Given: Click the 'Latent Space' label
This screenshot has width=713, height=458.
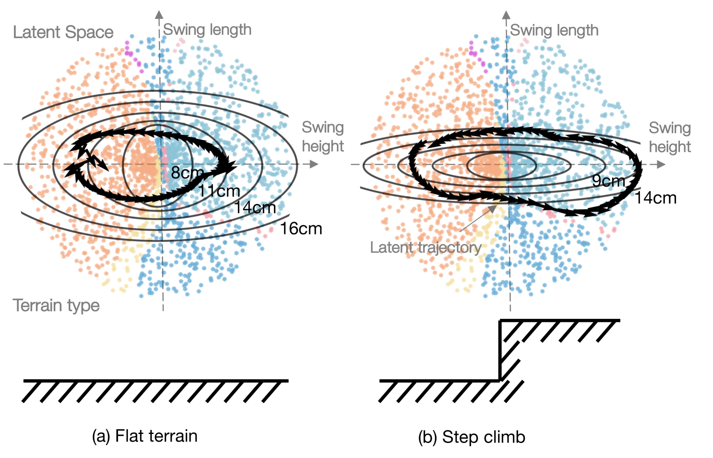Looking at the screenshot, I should [63, 32].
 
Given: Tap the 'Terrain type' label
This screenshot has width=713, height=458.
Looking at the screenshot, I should [56, 305].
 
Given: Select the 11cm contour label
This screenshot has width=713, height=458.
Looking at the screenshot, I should [219, 191].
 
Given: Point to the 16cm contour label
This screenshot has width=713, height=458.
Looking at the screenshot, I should [301, 228].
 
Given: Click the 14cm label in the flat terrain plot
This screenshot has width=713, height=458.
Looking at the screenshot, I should [255, 208].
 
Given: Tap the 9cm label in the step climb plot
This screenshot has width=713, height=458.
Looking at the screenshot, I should [608, 181].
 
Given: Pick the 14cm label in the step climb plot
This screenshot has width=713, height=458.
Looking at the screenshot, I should [655, 198].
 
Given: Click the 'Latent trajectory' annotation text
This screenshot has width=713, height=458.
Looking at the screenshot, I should [425, 247].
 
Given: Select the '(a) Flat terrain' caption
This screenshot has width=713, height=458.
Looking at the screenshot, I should [145, 436].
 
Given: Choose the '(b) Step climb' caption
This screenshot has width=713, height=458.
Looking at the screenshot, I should [471, 437].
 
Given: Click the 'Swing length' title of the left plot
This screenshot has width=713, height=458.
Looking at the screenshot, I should [207, 30].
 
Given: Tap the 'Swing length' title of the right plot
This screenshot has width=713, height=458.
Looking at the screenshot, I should [554, 30].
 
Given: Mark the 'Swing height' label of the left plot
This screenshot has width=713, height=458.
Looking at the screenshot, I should [323, 136].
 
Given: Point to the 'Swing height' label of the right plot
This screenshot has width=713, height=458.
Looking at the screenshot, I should [670, 137].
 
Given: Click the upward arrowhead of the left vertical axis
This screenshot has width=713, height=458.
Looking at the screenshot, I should [159, 14].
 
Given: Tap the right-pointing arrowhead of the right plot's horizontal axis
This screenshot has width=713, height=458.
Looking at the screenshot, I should [661, 164].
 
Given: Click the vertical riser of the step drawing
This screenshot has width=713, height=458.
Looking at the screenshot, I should [500, 350].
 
